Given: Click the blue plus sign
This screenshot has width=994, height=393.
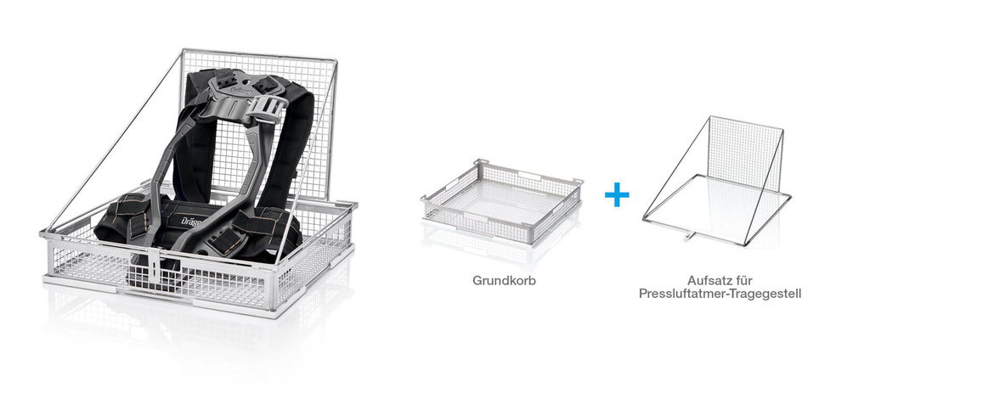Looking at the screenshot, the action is tap(617, 194).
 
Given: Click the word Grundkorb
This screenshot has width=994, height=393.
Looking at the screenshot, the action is tap(504, 280).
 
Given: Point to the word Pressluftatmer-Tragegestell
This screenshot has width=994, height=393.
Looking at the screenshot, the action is tap(720, 295).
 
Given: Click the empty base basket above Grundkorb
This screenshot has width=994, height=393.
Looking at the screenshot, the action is tap(501, 201).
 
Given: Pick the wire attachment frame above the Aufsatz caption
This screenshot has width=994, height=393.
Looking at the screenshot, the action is tap(717, 181).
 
